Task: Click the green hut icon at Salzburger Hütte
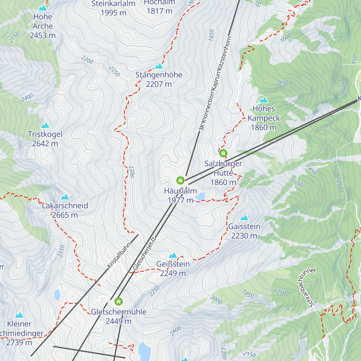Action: click(x=223, y=153)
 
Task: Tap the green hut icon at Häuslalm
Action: click(x=180, y=180)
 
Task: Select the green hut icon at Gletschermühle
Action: click(x=119, y=301)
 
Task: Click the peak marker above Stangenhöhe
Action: click(x=159, y=66)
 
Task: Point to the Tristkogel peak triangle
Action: click(x=45, y=125)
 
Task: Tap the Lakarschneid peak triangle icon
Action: click(x=65, y=197)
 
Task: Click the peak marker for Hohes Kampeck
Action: click(x=264, y=100)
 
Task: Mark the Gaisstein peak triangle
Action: click(x=244, y=218)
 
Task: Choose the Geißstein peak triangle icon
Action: click(x=173, y=255)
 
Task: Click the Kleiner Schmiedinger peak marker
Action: click(x=20, y=315)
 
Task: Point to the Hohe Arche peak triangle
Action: click(x=43, y=8)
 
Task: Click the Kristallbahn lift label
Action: click(x=119, y=255)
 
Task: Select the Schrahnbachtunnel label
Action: click(x=307, y=287)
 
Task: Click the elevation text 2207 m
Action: click(x=159, y=84)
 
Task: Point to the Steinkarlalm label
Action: click(x=113, y=4)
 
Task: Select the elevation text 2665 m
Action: click(x=65, y=215)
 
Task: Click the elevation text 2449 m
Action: click(x=119, y=321)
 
